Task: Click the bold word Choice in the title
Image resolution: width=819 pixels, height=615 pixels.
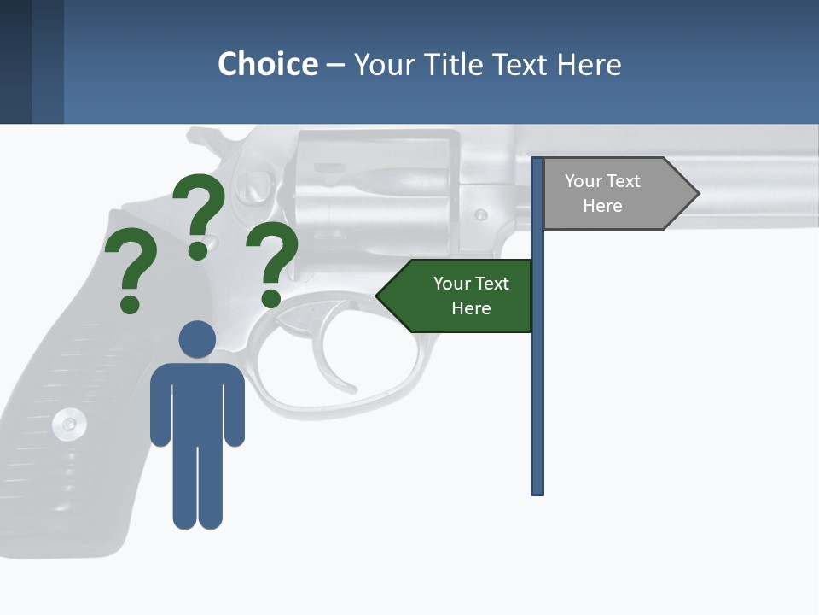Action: [x=267, y=64]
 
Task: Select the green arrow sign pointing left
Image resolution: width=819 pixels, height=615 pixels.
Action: [x=456, y=296]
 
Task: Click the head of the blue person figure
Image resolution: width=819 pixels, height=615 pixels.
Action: [x=197, y=339]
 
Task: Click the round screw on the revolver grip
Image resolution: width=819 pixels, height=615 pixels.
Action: [x=68, y=423]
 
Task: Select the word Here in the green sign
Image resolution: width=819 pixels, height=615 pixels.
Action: [x=471, y=308]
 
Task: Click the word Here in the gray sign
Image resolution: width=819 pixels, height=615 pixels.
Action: [x=602, y=206]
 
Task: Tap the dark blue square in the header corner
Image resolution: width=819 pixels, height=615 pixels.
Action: [x=15, y=61]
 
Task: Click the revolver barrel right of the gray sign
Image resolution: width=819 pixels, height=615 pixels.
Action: [x=759, y=184]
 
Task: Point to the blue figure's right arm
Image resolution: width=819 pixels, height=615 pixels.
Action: [x=234, y=410]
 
